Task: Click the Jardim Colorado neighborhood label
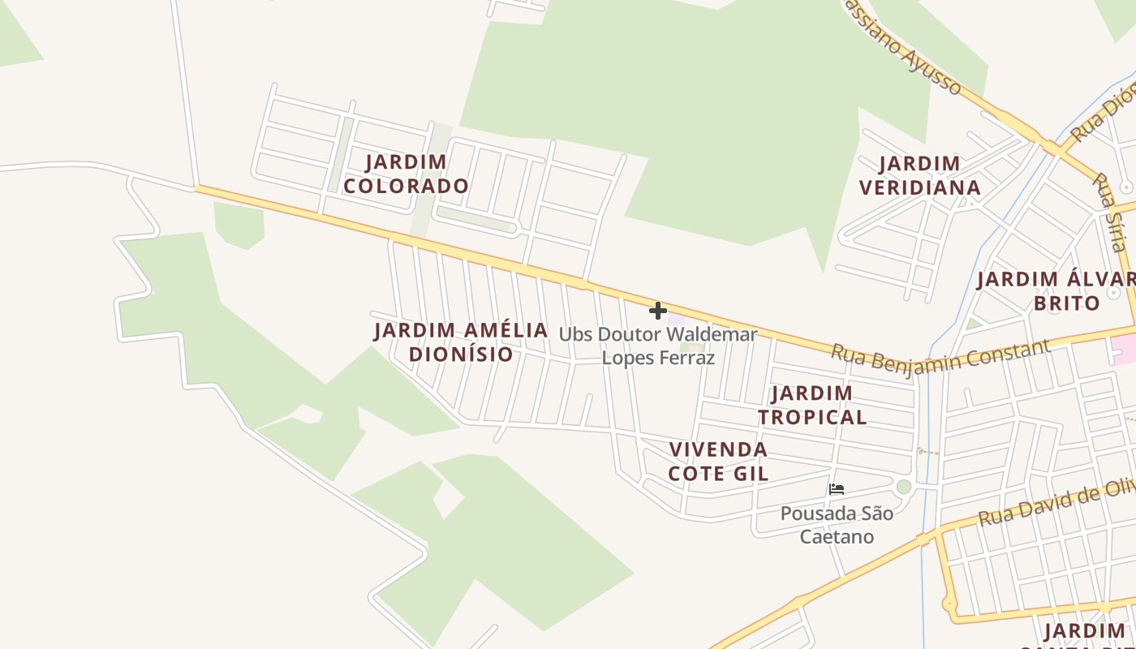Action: click(x=406, y=174)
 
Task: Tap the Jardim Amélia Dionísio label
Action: click(x=461, y=342)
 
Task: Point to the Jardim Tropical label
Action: click(x=811, y=405)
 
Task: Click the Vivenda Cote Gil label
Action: click(x=718, y=462)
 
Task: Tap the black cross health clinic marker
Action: click(x=658, y=310)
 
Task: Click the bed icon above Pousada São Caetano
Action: click(x=837, y=489)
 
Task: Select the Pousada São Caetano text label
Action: click(x=837, y=525)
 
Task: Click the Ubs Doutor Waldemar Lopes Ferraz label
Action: click(x=658, y=346)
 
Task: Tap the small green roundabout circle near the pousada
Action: click(x=904, y=487)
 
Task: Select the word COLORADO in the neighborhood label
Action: click(x=406, y=186)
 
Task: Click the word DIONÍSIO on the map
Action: click(x=461, y=355)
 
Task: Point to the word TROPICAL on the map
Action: click(x=811, y=417)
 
